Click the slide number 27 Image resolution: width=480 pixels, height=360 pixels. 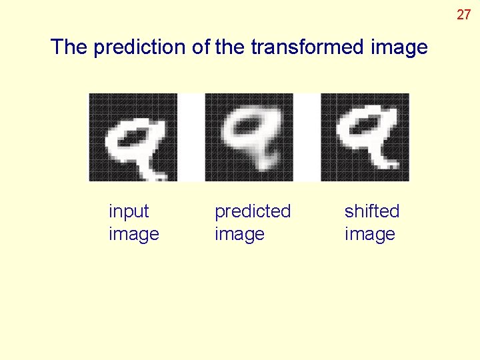click(x=463, y=14)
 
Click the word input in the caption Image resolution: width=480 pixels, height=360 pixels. click(x=129, y=212)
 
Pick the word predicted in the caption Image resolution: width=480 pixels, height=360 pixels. click(x=253, y=212)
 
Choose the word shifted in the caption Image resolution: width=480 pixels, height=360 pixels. click(x=372, y=211)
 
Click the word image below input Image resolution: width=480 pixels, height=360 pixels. click(x=134, y=235)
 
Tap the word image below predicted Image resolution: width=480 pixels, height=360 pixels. click(x=240, y=235)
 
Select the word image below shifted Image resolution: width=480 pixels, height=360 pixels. click(x=370, y=235)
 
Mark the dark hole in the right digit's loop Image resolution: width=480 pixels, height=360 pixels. click(x=366, y=124)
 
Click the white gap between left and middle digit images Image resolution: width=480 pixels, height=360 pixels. click(x=191, y=137)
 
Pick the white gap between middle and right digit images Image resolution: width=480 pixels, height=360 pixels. click(x=307, y=137)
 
